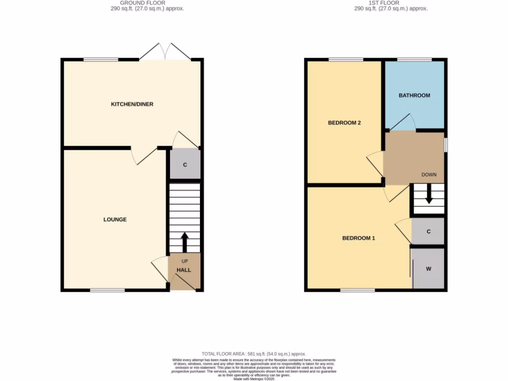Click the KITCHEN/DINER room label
(x=132, y=104)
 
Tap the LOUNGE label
(x=115, y=219)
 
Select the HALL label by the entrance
(x=184, y=270)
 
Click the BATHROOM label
(x=414, y=95)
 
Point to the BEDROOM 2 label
(x=344, y=123)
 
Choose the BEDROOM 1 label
(x=359, y=238)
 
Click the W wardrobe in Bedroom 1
(x=428, y=269)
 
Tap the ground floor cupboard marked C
(x=185, y=164)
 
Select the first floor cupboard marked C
(x=428, y=232)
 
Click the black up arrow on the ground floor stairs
(x=184, y=242)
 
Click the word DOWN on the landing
(x=429, y=175)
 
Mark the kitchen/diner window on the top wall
(x=101, y=60)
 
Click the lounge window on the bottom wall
(x=107, y=290)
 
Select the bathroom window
(x=414, y=60)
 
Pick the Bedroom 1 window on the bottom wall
(x=357, y=290)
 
